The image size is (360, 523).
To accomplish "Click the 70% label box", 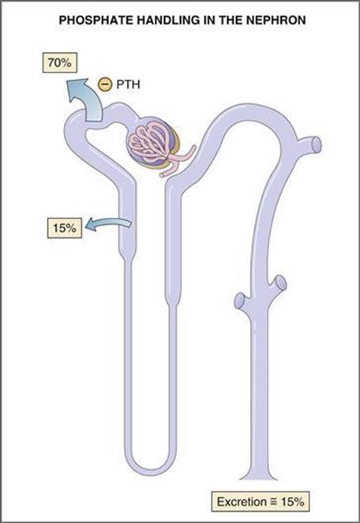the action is (x=59, y=62).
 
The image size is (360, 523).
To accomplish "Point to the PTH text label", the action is (x=128, y=84).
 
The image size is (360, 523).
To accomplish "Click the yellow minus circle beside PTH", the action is (x=104, y=84).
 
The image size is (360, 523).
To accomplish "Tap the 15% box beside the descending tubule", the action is (x=65, y=228).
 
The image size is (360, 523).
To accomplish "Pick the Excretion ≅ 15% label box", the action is (x=261, y=502).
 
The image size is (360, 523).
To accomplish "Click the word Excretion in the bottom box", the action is (x=242, y=502).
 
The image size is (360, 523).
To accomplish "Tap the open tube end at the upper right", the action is (x=317, y=145).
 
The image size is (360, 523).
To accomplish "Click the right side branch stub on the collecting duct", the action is (x=279, y=283).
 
